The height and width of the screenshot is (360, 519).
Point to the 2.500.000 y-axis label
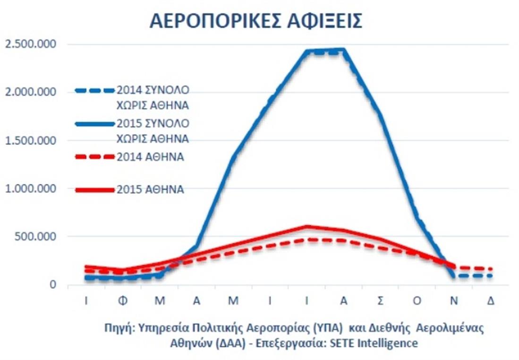(30, 44)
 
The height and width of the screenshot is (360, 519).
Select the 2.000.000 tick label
(30, 92)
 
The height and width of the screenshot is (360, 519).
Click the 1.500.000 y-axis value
(30, 140)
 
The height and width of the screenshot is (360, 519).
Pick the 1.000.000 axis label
(30, 189)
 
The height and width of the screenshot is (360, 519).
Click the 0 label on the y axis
(53, 284)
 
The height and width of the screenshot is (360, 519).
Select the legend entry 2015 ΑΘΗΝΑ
(150, 190)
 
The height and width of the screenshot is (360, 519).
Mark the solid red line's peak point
(307, 227)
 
